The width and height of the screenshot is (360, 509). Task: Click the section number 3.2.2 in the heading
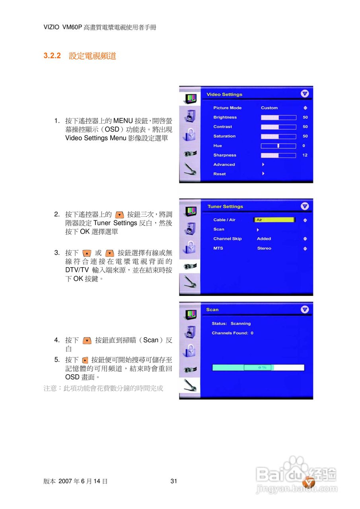(52, 56)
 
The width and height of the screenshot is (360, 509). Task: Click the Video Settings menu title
(224, 95)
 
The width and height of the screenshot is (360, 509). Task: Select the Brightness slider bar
(278, 117)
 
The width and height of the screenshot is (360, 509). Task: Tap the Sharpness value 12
(305, 155)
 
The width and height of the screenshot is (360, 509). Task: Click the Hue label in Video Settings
(218, 146)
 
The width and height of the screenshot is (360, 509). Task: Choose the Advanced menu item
(224, 165)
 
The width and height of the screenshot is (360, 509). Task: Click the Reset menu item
(219, 174)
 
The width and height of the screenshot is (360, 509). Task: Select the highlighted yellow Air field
(274, 220)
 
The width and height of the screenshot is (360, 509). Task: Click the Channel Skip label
(227, 239)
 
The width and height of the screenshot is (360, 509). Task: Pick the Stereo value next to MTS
(264, 249)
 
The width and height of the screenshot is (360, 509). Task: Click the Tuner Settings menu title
(225, 207)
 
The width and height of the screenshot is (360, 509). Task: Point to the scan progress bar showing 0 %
(258, 367)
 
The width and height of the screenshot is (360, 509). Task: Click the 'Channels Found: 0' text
(232, 333)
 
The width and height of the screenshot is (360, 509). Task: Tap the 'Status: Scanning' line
(231, 324)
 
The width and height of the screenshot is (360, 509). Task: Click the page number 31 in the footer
(173, 481)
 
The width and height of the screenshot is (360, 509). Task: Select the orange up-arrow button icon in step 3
(86, 253)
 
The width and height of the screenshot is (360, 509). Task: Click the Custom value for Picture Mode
(269, 108)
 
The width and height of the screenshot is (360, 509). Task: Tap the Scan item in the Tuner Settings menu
(219, 229)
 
